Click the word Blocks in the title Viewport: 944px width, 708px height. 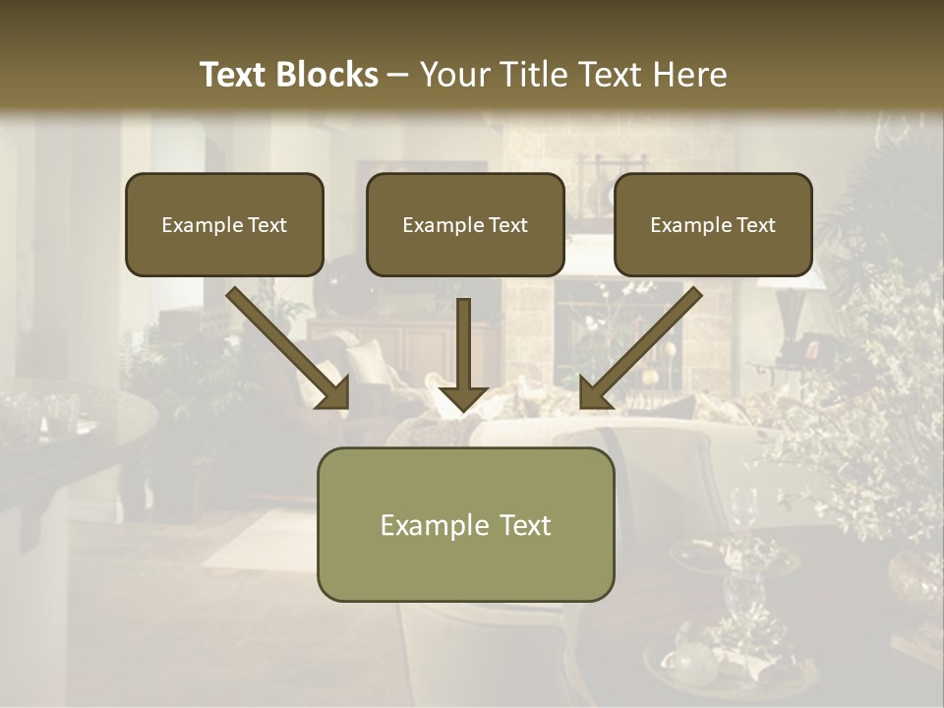click(327, 75)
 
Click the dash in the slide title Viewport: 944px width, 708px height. click(398, 76)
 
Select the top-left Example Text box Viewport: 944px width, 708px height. click(224, 224)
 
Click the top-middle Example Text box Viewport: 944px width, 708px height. click(465, 224)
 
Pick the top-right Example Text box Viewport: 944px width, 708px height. click(713, 224)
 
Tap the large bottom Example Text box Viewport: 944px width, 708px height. click(465, 524)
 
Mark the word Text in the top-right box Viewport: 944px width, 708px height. click(755, 225)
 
